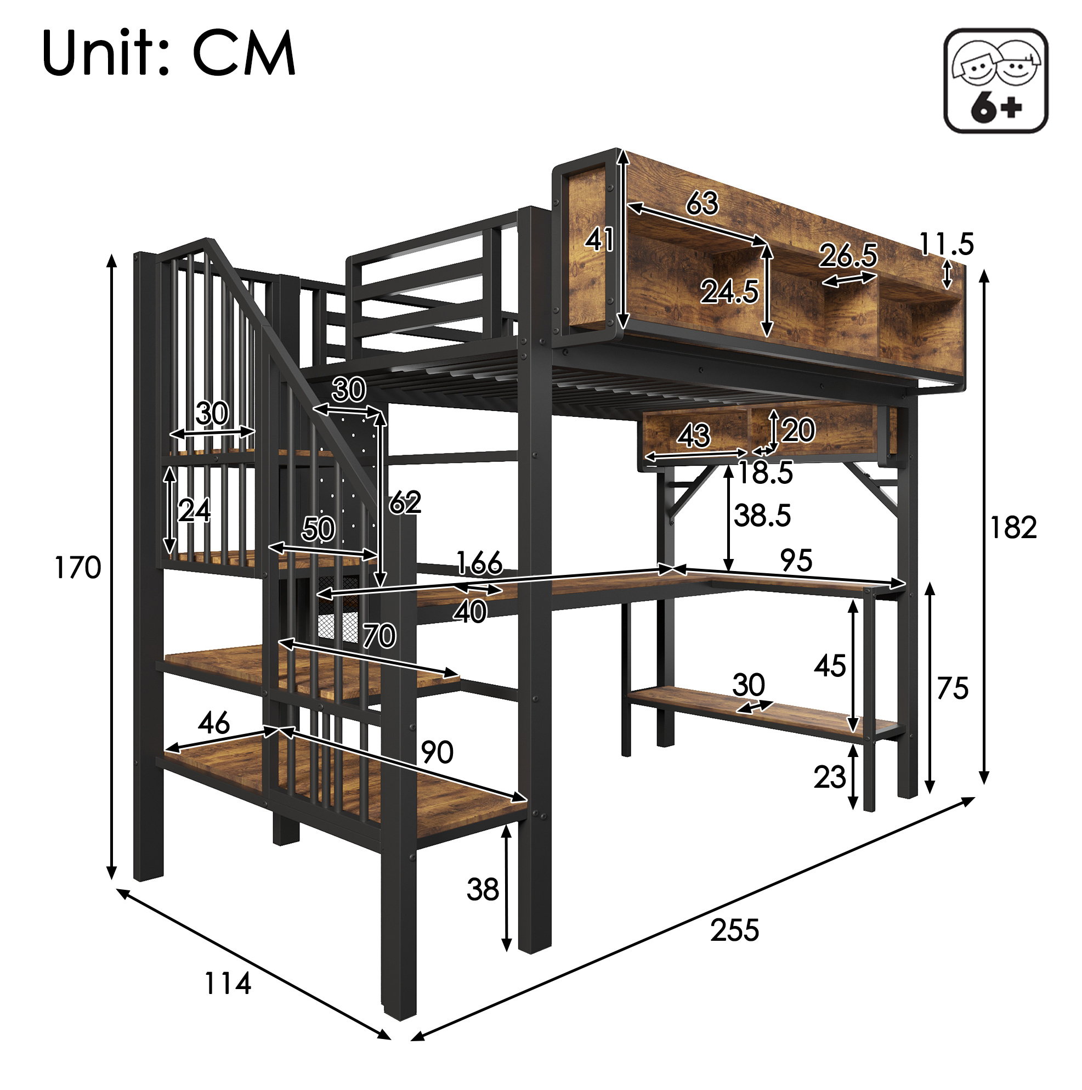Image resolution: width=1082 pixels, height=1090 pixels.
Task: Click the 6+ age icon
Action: pos(995,81)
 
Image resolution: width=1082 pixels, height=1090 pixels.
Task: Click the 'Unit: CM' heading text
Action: pos(169,53)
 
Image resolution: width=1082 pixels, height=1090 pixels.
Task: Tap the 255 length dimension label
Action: pos(734,930)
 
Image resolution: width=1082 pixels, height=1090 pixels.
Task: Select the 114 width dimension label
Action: pos(228,984)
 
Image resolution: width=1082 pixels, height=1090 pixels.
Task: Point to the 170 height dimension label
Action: pos(78,567)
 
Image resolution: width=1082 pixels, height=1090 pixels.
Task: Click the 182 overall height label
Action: pos(1013,528)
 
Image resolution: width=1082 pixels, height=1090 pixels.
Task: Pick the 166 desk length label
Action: pos(479,562)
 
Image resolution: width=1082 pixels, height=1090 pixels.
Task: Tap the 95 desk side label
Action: pos(796,560)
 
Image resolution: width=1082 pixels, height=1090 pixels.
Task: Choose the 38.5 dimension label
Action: pos(762,515)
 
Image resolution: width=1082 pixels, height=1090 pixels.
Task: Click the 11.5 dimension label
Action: pos(947,244)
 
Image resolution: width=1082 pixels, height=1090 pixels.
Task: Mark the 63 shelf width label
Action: pos(703,202)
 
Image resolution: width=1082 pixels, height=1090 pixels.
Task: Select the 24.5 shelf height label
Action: pos(729,292)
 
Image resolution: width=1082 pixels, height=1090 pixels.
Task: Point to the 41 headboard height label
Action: pos(598,240)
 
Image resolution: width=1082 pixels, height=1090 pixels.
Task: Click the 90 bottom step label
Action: pos(437,752)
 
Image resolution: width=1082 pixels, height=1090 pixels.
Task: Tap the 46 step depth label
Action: pos(214,722)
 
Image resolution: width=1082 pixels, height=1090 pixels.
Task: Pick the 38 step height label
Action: pos(483,890)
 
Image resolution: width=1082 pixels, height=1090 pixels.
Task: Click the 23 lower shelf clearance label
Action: pos(830,777)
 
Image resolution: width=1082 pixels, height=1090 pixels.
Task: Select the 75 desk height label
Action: pos(953,688)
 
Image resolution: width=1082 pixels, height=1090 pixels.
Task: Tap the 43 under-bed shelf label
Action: pos(694,436)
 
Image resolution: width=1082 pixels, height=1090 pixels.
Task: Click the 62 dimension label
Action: pos(405,501)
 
